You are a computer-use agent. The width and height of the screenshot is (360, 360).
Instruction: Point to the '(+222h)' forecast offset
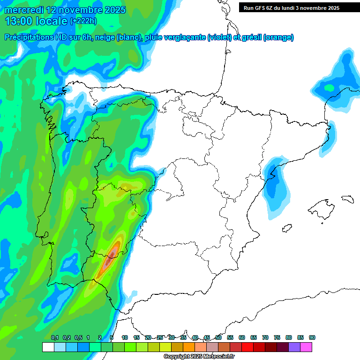click(x=83, y=21)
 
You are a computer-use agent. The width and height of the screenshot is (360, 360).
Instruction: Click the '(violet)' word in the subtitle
click(x=219, y=37)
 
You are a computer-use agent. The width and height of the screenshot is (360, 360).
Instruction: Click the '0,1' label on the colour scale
click(x=55, y=338)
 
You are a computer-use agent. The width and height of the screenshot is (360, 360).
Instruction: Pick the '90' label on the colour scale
click(x=312, y=338)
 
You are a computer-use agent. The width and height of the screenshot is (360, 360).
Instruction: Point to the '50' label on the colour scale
click(x=218, y=338)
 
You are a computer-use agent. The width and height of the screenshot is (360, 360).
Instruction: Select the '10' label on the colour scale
click(x=125, y=338)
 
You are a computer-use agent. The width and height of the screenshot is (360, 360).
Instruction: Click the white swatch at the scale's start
click(x=48, y=347)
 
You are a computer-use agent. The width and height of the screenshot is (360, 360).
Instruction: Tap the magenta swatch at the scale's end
click(x=306, y=347)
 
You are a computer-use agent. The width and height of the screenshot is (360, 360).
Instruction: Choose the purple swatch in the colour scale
click(x=294, y=347)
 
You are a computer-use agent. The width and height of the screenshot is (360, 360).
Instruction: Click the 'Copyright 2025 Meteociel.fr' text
click(x=199, y=357)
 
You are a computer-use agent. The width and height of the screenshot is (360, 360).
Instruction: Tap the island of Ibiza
click(x=286, y=229)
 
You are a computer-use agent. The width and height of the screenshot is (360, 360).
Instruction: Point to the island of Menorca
click(x=347, y=199)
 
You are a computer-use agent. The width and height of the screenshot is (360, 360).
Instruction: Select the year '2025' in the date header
click(x=112, y=10)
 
